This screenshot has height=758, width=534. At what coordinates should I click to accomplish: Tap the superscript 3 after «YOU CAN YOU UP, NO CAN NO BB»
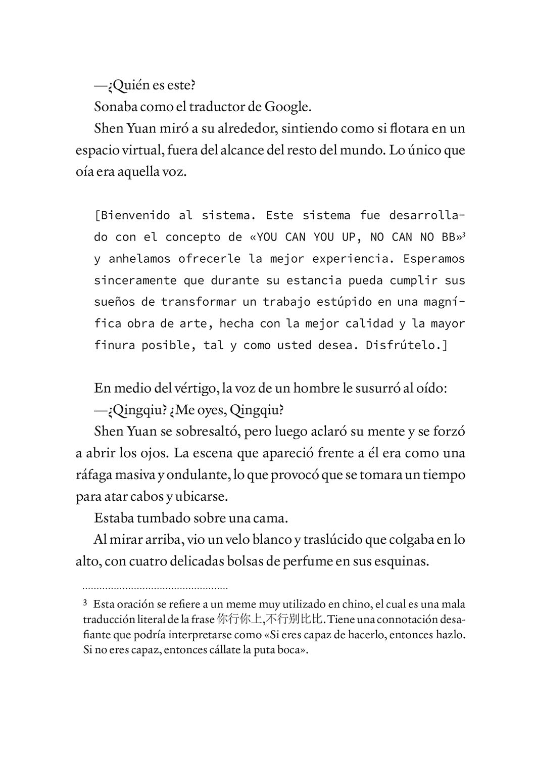[463, 234]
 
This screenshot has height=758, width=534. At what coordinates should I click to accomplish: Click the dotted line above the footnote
[155, 588]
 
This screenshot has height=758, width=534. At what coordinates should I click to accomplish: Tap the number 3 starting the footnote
[85, 603]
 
